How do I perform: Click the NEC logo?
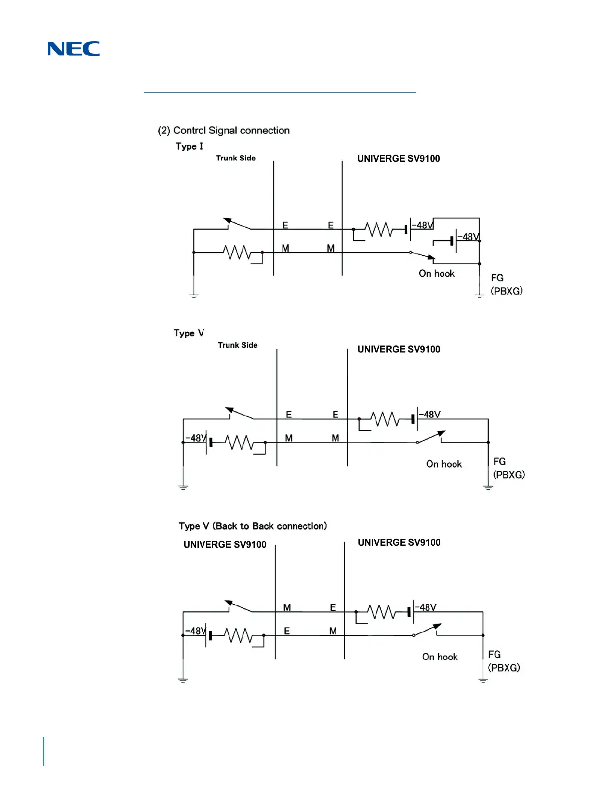point(73,49)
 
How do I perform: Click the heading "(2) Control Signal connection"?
point(223,130)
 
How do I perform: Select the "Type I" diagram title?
point(189,146)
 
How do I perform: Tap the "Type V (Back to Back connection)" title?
point(253,526)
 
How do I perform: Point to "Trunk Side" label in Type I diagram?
point(236,158)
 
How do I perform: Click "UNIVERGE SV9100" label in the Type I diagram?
point(399,159)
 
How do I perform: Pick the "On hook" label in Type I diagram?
point(436,273)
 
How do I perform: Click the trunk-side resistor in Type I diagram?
point(237,252)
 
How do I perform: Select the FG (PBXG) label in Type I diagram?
point(506,284)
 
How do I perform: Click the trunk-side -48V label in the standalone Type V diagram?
point(195,438)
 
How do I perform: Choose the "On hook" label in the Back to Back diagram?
point(440,657)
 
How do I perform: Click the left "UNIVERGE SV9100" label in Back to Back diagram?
point(225,544)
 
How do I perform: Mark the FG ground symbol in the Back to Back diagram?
point(483,680)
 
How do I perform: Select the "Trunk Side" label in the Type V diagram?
point(238,345)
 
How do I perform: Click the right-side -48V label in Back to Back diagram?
point(427,607)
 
